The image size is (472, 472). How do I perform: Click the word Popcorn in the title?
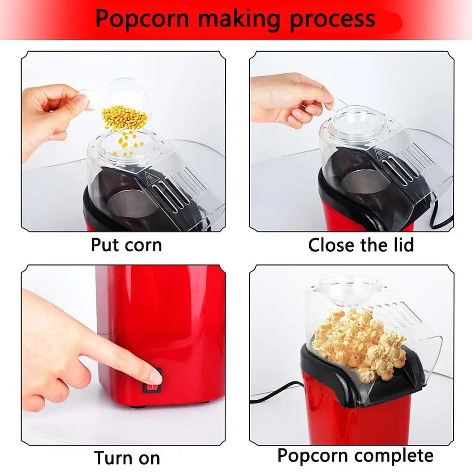[x=143, y=18]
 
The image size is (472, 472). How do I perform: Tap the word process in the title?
[x=332, y=19]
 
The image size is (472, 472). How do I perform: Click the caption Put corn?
[x=126, y=244]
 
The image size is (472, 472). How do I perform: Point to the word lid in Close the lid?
[x=399, y=244]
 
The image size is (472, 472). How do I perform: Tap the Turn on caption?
[x=127, y=457]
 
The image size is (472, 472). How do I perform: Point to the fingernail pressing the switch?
[x=155, y=378]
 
